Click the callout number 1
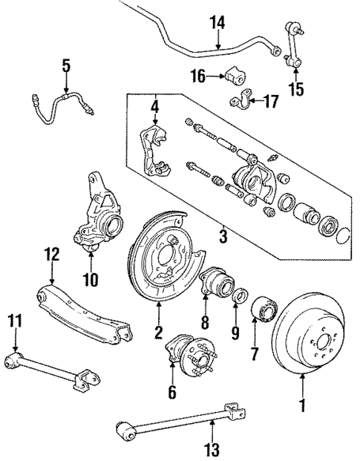[x=302, y=406]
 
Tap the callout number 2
[x=158, y=334]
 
